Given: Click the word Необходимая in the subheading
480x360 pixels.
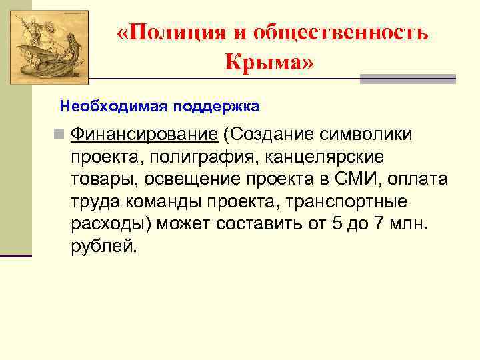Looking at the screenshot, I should pos(113,106).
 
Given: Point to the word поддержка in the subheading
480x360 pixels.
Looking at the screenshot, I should pos(216,106).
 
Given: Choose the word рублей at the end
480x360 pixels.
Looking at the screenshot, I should pos(103,247).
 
